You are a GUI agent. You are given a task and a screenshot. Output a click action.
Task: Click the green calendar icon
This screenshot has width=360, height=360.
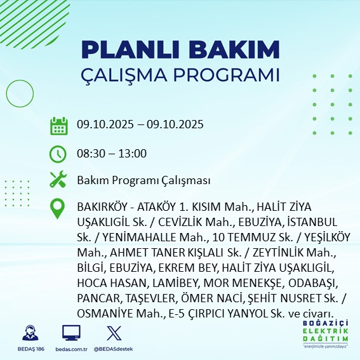pos(58,125)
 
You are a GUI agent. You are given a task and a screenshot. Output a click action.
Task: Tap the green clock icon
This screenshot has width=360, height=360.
pos(58,153)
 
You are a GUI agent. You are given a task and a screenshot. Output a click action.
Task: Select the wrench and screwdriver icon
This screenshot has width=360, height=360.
pos(58,180)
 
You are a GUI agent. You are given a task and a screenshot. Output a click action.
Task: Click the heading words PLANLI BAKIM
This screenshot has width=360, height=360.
pos(180,50)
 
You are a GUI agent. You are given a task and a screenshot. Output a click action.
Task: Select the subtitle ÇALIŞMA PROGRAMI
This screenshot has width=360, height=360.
pos(180,74)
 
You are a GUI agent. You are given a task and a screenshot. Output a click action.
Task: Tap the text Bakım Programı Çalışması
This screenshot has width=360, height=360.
pos(143,180)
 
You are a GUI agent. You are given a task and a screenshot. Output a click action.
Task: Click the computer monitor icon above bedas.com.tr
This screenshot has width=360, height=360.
pos(70,333)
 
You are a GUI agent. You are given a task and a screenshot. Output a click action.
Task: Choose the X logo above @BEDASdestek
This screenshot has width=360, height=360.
pos(113,333)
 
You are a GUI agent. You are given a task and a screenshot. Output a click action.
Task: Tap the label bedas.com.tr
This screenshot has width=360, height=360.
pos(70,349)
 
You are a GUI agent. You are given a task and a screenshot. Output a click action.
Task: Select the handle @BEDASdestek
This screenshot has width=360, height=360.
pos(114,349)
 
